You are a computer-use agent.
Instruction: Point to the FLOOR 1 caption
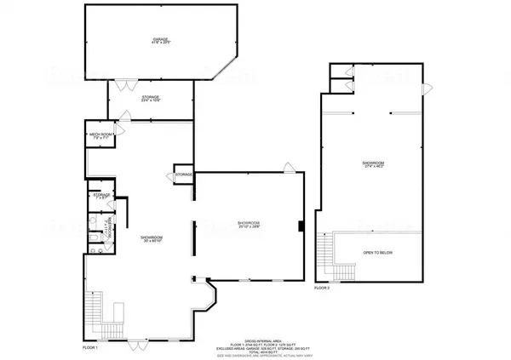[x=91, y=348]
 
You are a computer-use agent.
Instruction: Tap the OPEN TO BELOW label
[x=380, y=253]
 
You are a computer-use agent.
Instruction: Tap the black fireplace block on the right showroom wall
[x=301, y=226]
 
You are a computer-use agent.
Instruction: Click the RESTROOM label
[x=108, y=228]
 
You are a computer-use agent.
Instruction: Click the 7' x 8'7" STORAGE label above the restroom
[x=103, y=197]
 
